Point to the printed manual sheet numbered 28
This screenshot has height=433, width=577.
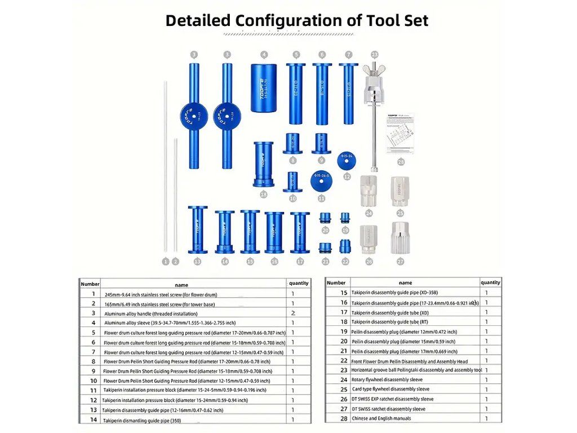pos(401,133)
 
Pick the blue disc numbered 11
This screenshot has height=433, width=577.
pos(321,180)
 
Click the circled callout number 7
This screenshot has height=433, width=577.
pos(349,55)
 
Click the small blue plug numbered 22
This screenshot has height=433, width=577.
pos(345,246)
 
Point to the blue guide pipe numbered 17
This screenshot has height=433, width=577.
pos(300,232)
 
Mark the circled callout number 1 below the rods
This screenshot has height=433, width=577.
pos(166,261)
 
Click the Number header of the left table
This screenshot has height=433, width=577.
pos(90,284)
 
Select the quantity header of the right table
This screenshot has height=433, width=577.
pos(490,282)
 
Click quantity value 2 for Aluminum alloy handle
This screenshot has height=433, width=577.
pos(293,313)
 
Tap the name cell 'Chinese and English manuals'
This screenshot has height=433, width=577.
pos(381,418)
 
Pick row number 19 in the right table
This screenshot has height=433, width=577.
pos(344,332)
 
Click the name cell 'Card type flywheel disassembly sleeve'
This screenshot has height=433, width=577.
pos(390,389)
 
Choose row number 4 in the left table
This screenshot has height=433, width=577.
pos(93,323)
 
